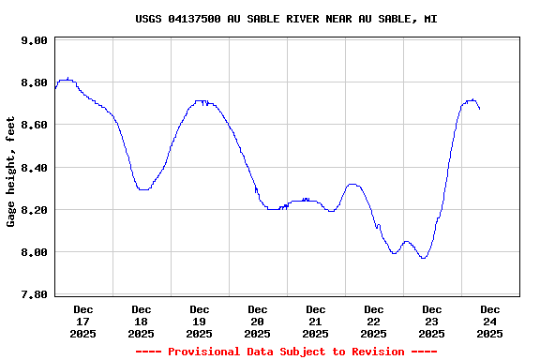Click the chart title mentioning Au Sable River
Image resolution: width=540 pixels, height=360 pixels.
pos(286,19)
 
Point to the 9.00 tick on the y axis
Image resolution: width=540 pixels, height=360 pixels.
pos(34,40)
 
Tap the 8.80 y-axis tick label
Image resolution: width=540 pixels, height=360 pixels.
pos(34,82)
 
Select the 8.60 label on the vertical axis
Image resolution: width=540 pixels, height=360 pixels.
pos(34,125)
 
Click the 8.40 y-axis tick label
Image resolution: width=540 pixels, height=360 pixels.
pos(34,168)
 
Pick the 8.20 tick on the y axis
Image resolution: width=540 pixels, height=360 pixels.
pos(34,210)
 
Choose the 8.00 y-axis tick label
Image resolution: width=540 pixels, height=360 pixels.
pos(34,252)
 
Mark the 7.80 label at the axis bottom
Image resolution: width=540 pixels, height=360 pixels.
pos(34,294)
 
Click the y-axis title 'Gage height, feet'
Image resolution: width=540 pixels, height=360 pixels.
pos(11,172)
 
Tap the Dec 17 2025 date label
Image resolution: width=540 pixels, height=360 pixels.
pos(83,321)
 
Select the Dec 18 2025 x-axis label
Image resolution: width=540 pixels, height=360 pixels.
pos(142,321)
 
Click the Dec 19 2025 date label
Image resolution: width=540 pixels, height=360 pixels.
pos(200,321)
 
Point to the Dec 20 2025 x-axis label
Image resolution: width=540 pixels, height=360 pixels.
pos(258,321)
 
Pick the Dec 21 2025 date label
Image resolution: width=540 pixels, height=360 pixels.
pos(316,321)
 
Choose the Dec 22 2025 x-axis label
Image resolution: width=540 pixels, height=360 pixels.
pos(374,321)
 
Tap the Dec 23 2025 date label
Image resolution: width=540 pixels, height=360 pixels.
pos(432,321)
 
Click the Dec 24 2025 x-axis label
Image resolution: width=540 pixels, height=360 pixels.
pos(490,321)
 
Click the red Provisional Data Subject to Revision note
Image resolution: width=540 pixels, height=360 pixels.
pos(286,352)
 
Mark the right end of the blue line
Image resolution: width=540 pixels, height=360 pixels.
pos(480,110)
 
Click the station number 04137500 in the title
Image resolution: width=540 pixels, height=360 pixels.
pos(196,19)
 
